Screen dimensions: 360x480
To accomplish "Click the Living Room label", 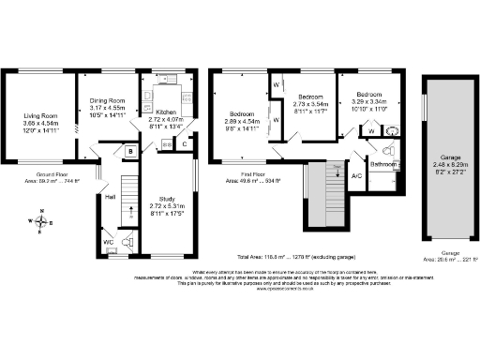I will pos(40,115).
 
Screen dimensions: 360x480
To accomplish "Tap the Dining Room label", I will pos(107,100).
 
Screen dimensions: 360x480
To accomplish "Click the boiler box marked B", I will pos(129,150).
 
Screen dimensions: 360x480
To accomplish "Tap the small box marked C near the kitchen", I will pos(185,143).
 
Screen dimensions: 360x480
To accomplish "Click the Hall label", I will pos(110,197).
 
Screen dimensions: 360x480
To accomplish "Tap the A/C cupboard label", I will pos(356,175).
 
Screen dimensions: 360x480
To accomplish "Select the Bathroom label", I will pos(382,165).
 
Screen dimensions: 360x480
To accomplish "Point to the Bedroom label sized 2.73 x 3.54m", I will pos(310,97).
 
